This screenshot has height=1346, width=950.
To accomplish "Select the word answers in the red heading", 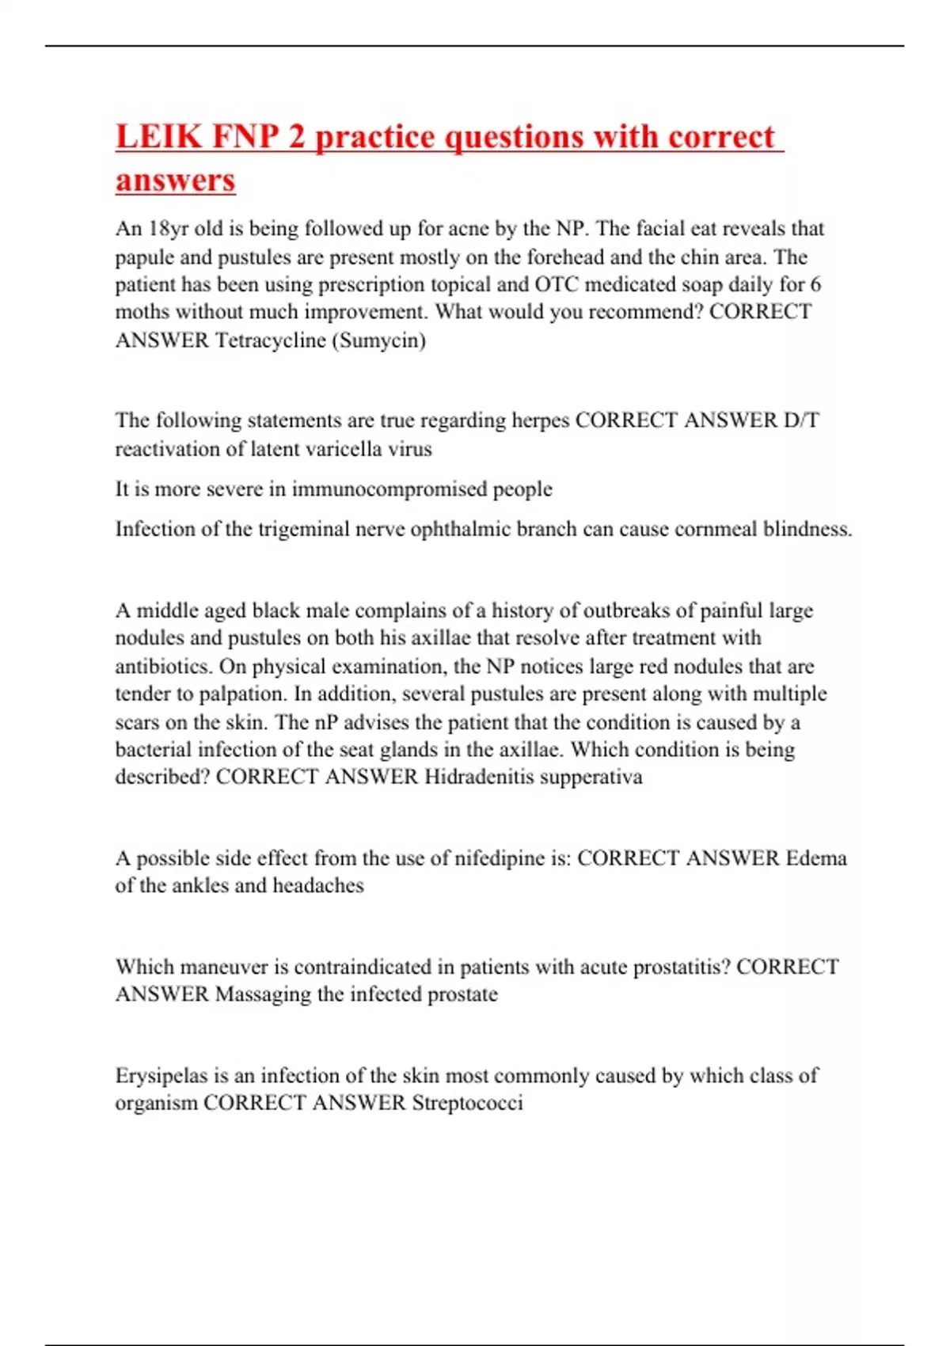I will pyautogui.click(x=175, y=180).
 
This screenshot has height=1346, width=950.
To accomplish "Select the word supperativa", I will pyautogui.click(x=591, y=777).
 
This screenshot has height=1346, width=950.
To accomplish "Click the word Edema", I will pyautogui.click(x=816, y=858).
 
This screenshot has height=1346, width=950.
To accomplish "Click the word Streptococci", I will pyautogui.click(x=467, y=1103).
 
